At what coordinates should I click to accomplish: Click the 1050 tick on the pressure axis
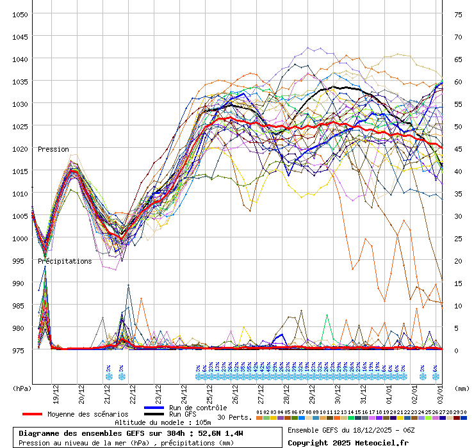[x=20, y=14]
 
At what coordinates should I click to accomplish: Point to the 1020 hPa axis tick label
[x=20, y=148]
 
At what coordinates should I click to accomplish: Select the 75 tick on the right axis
[x=458, y=14]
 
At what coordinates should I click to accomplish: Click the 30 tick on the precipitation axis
[x=458, y=216]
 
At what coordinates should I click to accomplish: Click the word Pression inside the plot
[x=53, y=149]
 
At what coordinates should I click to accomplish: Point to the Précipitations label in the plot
[x=65, y=261]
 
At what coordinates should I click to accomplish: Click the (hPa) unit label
[x=22, y=388]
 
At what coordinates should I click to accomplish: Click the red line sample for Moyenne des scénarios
[x=32, y=414]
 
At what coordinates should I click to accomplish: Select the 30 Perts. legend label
[x=234, y=417]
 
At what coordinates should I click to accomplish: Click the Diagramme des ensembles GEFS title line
[x=131, y=433]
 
